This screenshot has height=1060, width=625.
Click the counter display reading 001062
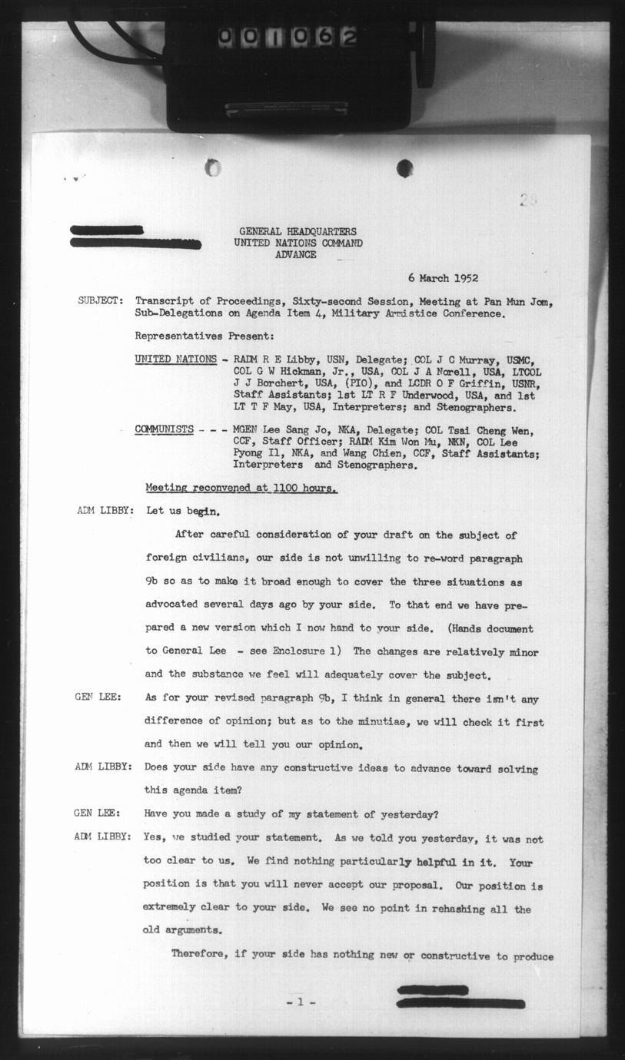pyautogui.click(x=287, y=37)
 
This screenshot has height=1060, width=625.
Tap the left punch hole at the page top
pyautogui.click(x=213, y=167)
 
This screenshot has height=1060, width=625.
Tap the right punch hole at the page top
pyautogui.click(x=404, y=168)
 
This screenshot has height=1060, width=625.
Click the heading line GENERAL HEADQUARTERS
pyautogui.click(x=298, y=232)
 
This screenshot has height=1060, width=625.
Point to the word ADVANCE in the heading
pyautogui.click(x=295, y=254)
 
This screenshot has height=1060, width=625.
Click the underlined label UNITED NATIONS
pyautogui.click(x=175, y=359)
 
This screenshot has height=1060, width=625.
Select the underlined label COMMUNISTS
pyautogui.click(x=164, y=430)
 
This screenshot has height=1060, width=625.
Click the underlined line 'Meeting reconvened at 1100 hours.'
pyautogui.click(x=241, y=488)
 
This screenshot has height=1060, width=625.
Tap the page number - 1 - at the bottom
pyautogui.click(x=301, y=1002)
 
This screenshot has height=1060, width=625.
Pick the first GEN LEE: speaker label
pyautogui.click(x=95, y=697)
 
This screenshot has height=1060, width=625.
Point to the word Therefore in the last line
pyautogui.click(x=198, y=955)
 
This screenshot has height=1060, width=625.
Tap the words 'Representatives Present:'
pyautogui.click(x=204, y=336)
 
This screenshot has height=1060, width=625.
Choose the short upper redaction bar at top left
pyautogui.click(x=107, y=230)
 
